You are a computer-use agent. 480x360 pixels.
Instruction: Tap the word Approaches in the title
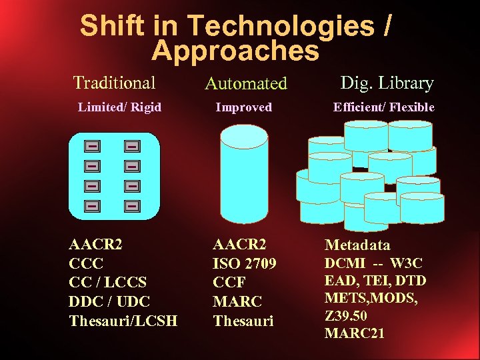[x=235, y=51]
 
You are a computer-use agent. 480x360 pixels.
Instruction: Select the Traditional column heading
[x=114, y=83]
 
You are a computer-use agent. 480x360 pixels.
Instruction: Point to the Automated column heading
[x=245, y=84]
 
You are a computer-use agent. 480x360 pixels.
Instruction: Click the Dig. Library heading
[x=387, y=83]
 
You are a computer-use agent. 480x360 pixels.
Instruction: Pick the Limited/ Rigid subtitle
[x=119, y=107]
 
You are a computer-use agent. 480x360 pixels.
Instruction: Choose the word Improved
[x=243, y=107]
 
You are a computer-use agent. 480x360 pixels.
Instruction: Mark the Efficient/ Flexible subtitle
[x=384, y=107]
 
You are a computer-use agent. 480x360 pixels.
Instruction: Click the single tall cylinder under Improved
[x=244, y=173]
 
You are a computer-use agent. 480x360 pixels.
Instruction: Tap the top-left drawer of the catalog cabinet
[x=92, y=145]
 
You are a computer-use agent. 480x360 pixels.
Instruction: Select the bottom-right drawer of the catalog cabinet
[x=132, y=206]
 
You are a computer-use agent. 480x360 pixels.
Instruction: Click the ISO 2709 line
[x=244, y=263]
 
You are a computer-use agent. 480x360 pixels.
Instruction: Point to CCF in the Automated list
[x=229, y=283]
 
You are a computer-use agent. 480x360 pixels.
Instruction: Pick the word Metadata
[x=357, y=245]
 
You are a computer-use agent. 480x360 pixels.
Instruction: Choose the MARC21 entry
[x=354, y=333]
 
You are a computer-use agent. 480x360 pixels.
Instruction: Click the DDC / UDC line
[x=109, y=301]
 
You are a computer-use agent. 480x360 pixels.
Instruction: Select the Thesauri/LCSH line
[x=123, y=321]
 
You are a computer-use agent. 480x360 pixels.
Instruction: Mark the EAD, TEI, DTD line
[x=375, y=281]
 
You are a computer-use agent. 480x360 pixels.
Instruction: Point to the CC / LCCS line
[x=109, y=283]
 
